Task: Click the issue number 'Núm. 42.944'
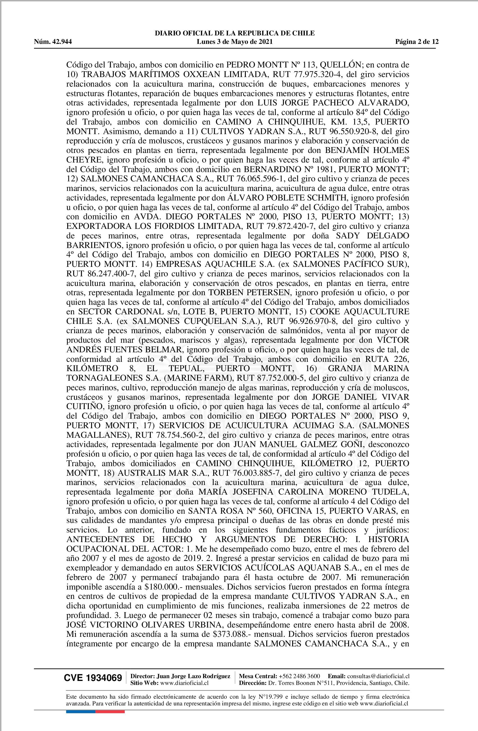coord(53,42)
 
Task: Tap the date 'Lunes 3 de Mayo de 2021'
coord(235,42)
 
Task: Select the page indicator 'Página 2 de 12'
coord(417,42)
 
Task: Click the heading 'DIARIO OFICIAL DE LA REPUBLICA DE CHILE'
coord(235,33)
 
